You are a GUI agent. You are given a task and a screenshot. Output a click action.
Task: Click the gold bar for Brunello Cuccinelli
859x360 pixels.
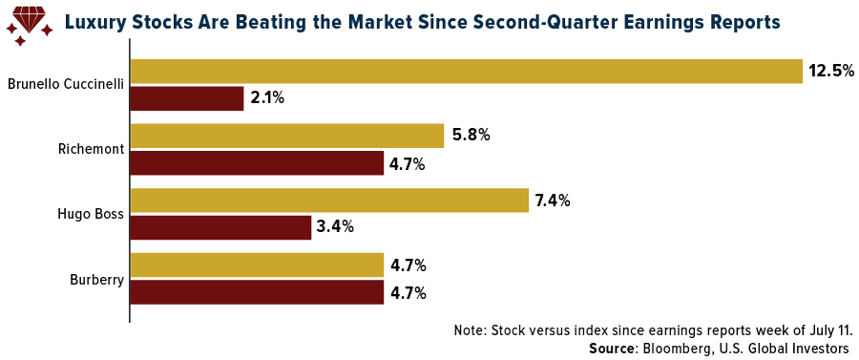pyautogui.click(x=466, y=72)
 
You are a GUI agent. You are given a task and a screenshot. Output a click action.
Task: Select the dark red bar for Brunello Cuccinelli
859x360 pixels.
pyautogui.click(x=187, y=98)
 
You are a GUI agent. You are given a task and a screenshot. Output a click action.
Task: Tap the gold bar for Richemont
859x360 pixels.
pyautogui.click(x=287, y=136)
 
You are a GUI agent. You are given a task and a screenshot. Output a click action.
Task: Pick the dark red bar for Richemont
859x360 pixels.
pyautogui.click(x=257, y=162)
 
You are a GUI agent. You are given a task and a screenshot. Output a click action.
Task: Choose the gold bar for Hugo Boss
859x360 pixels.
pyautogui.click(x=329, y=200)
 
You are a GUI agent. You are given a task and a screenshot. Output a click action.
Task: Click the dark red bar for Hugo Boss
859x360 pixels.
pyautogui.click(x=220, y=227)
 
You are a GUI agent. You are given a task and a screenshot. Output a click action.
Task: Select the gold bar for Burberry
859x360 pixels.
pyautogui.click(x=257, y=265)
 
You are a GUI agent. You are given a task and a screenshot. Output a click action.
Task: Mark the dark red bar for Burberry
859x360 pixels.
pyautogui.click(x=257, y=292)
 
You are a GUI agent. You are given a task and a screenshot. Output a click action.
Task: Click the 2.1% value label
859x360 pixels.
pyautogui.click(x=267, y=99)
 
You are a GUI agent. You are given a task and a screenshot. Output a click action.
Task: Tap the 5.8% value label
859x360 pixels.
pyautogui.click(x=471, y=136)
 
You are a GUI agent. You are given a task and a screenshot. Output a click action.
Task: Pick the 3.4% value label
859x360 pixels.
pyautogui.click(x=336, y=227)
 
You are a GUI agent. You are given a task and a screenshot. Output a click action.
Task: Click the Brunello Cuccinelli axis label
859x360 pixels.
pyautogui.click(x=66, y=85)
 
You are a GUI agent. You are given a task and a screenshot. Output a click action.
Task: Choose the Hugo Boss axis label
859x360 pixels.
pyautogui.click(x=91, y=214)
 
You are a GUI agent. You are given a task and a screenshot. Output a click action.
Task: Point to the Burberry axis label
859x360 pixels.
pyautogui.click(x=97, y=280)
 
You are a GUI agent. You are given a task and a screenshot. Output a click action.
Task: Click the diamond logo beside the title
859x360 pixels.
pyautogui.click(x=29, y=25)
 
